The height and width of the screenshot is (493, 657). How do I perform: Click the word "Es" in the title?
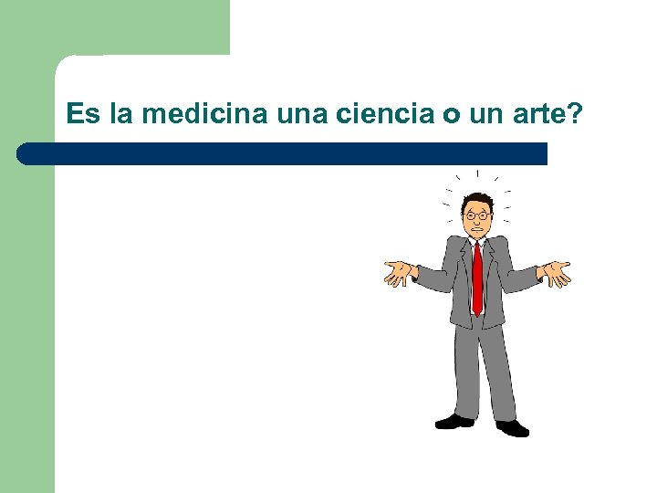click(x=83, y=115)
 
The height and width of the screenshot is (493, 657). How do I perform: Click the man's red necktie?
click(x=477, y=278)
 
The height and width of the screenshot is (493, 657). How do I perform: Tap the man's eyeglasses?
click(x=477, y=215)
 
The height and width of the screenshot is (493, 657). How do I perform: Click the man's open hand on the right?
click(x=556, y=273)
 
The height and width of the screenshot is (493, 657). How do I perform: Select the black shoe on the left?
click(x=454, y=421)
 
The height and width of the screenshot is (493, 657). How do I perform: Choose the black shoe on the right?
click(x=513, y=427)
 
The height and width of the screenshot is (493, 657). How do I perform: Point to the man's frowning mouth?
click(x=477, y=229)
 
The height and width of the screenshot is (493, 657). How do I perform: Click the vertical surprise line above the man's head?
click(x=477, y=173)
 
